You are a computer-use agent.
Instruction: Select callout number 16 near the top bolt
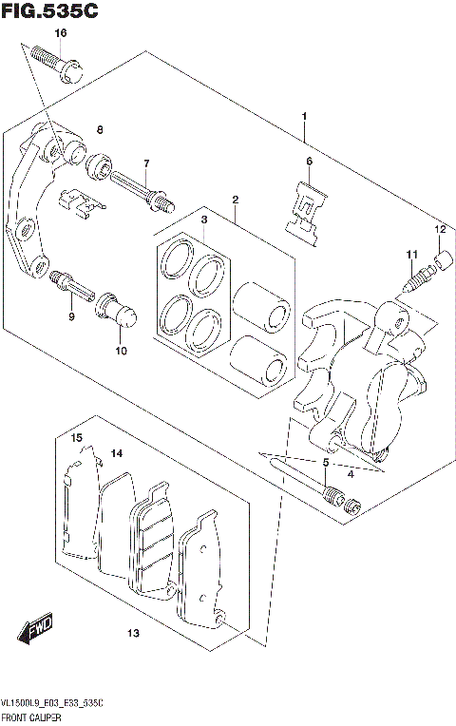[x=60, y=33]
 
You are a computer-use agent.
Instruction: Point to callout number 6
[x=309, y=162]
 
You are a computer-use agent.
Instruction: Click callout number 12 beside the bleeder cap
[x=440, y=229]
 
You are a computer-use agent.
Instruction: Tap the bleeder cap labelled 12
[x=441, y=258]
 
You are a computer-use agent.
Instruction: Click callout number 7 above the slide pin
[x=146, y=163]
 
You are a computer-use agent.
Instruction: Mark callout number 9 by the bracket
[x=70, y=316]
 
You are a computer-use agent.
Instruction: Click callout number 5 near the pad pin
[x=325, y=463]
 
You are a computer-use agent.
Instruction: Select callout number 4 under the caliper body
[x=351, y=473]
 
